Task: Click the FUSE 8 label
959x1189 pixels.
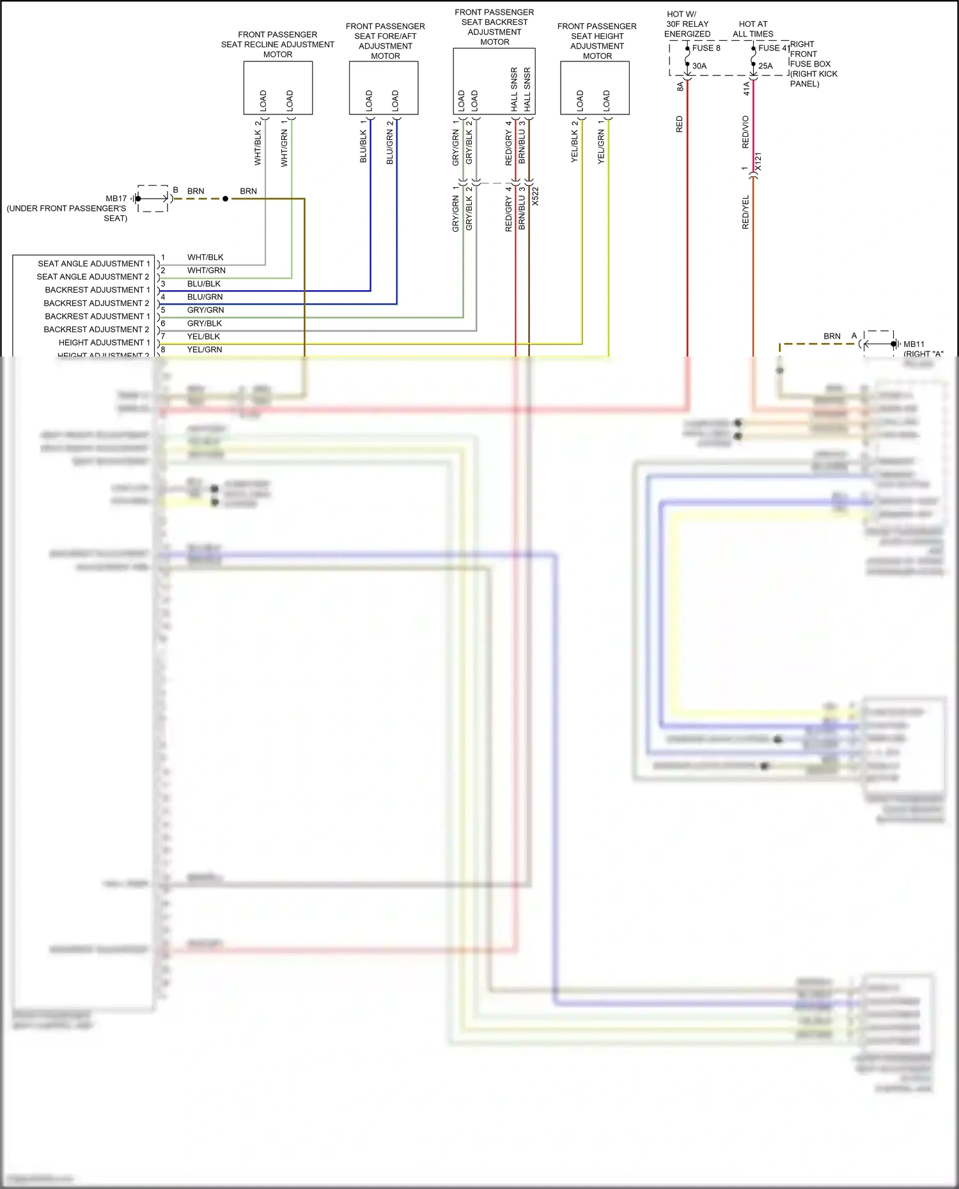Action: tap(706, 48)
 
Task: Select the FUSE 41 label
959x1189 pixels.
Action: tap(773, 48)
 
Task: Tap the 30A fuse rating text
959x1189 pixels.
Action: tap(699, 66)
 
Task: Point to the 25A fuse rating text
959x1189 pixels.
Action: tap(765, 66)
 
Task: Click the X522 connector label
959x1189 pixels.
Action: tap(536, 196)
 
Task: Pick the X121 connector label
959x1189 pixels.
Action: tap(758, 162)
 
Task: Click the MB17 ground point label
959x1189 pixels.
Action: tap(116, 199)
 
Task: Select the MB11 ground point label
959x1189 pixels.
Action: tap(914, 344)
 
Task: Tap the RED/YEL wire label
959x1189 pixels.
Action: tap(745, 212)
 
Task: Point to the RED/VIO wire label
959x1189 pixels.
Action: tap(745, 132)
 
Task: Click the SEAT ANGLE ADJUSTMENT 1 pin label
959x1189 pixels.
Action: tap(93, 264)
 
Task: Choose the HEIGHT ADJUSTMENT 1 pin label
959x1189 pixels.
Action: tap(104, 343)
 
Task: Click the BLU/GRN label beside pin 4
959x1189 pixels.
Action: tap(205, 297)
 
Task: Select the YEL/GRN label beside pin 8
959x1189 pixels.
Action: tap(205, 350)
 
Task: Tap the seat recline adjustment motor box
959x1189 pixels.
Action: tap(277, 88)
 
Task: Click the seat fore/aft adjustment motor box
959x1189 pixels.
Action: tap(384, 88)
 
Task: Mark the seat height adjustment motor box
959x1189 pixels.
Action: tap(595, 88)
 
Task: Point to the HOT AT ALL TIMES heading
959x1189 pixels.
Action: tap(752, 29)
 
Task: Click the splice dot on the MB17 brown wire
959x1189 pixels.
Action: tap(225, 199)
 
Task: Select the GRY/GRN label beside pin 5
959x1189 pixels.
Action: tap(205, 311)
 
